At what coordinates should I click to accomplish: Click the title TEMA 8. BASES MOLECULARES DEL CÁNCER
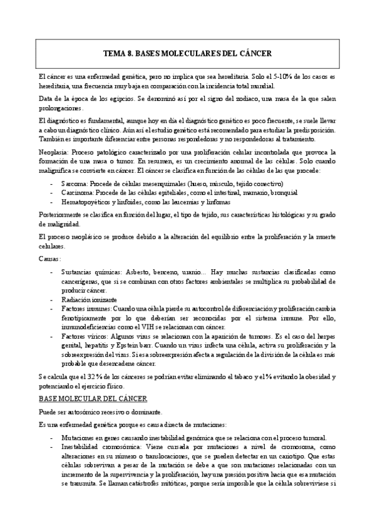click(187, 54)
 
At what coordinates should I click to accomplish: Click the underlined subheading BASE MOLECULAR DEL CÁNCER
click(93, 398)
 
